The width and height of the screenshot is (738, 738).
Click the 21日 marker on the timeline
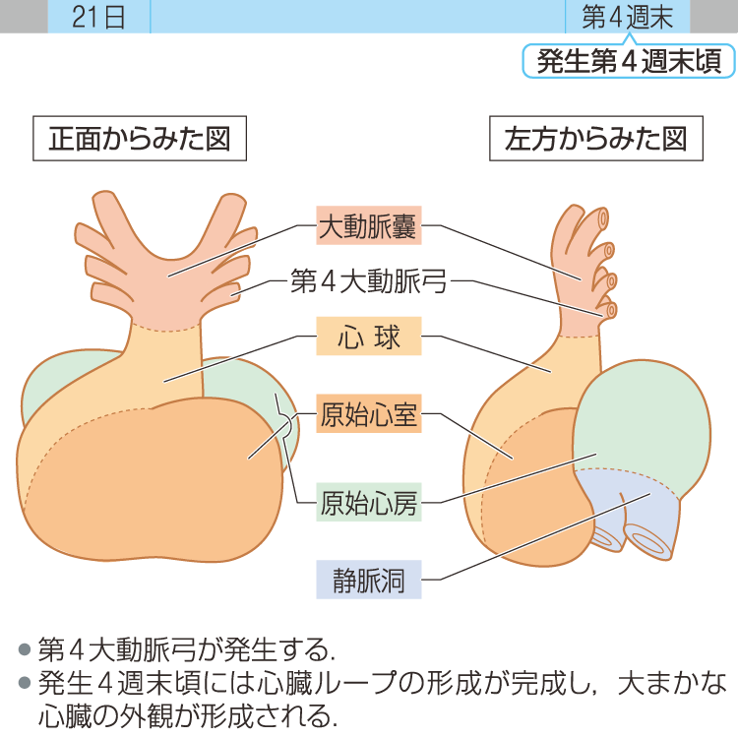tap(98, 17)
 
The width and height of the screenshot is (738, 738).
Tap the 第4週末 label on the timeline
tap(628, 17)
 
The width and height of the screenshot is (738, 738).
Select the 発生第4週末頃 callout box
tap(629, 61)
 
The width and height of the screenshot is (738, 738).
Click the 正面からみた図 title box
tap(140, 139)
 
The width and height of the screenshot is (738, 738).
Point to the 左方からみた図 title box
tap(595, 139)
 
